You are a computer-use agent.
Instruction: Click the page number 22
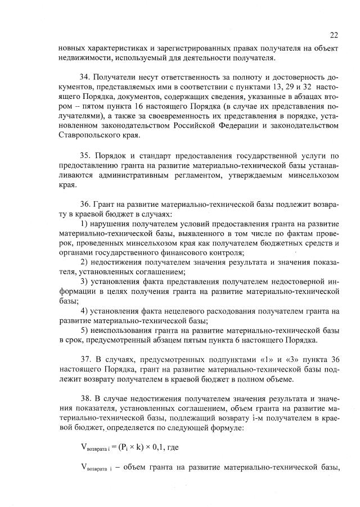(333, 34)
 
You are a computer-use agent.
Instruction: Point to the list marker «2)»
(85, 262)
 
